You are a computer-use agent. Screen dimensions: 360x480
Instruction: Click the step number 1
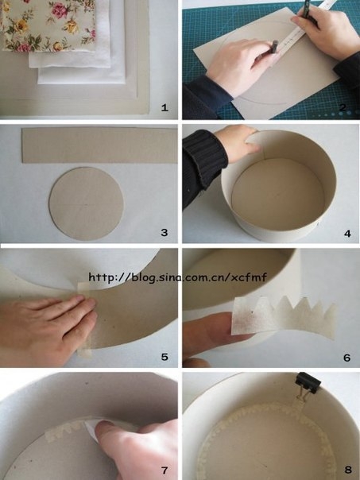165,108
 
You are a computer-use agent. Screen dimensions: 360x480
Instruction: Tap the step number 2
343,107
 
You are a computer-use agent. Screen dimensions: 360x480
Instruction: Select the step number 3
165,233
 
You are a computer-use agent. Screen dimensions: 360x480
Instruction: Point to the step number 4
347,234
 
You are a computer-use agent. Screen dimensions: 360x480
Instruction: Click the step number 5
165,357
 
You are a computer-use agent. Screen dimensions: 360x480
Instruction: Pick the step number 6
346,358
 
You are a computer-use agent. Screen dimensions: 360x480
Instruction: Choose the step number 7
165,470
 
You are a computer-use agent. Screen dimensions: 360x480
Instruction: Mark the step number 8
348,470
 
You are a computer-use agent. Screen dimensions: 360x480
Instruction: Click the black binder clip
308,383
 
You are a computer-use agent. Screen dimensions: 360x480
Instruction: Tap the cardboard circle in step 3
87,204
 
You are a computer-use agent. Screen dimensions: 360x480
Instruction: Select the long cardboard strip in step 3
100,145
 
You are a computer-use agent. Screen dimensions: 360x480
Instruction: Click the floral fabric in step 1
48,25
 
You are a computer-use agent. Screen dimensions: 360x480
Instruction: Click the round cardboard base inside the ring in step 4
278,193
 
